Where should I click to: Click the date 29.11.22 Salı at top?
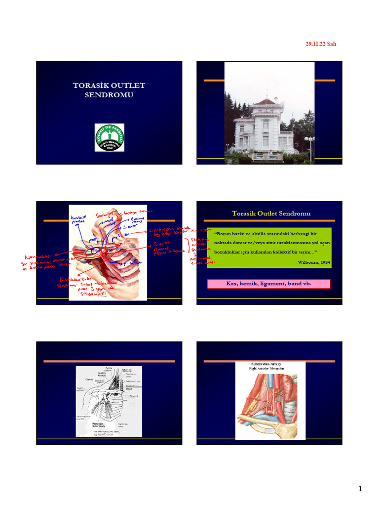pos(321,44)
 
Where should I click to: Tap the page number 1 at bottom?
pos(361,489)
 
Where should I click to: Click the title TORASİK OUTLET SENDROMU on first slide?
pos(109,90)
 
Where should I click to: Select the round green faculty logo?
pos(109,137)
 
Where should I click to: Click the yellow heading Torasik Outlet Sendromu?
pos(271,213)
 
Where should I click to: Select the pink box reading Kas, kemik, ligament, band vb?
pos(268,284)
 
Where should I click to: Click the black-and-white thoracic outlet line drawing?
pos(109,401)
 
